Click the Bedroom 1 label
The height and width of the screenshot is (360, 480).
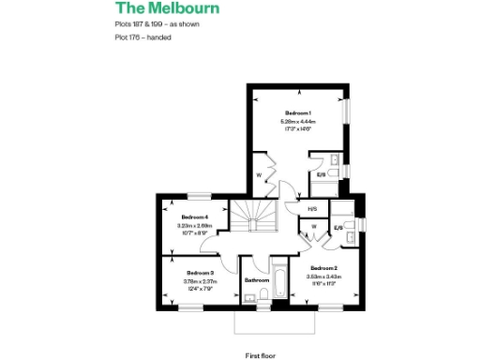[298, 112]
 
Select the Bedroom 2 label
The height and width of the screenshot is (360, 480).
[322, 269]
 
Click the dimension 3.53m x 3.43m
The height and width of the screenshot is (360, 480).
[322, 277]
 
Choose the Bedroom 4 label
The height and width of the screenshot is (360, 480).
[194, 217]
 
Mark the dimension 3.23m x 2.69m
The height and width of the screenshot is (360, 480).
[194, 225]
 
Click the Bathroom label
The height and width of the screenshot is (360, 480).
[257, 279]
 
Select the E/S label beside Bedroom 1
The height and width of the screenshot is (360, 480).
[321, 174]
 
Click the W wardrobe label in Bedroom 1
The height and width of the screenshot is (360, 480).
[258, 175]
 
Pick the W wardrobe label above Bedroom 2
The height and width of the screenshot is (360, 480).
[312, 226]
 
